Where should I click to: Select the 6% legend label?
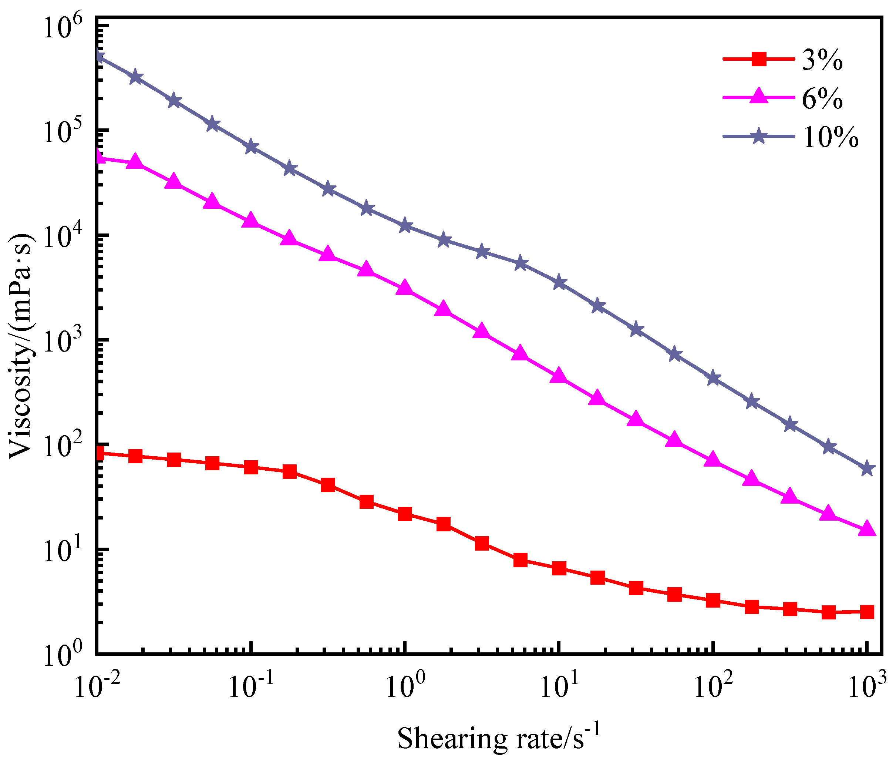(x=822, y=99)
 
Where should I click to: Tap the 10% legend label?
(x=830, y=138)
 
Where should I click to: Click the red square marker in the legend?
(x=758, y=59)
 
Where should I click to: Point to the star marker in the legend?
(x=758, y=136)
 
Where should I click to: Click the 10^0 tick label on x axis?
(x=404, y=687)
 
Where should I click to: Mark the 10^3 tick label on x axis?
(x=867, y=687)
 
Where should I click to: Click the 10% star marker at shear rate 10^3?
(x=867, y=469)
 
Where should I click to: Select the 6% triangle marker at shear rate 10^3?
(x=867, y=530)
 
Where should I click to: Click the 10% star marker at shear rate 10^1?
(x=559, y=282)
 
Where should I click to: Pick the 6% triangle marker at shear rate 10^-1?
(x=250, y=221)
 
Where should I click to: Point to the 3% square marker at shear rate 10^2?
(x=713, y=600)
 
